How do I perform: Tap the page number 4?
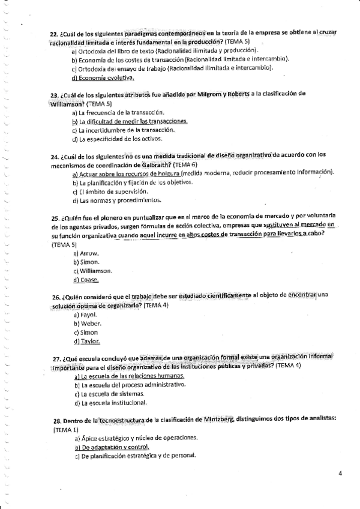pyautogui.click(x=340, y=474)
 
